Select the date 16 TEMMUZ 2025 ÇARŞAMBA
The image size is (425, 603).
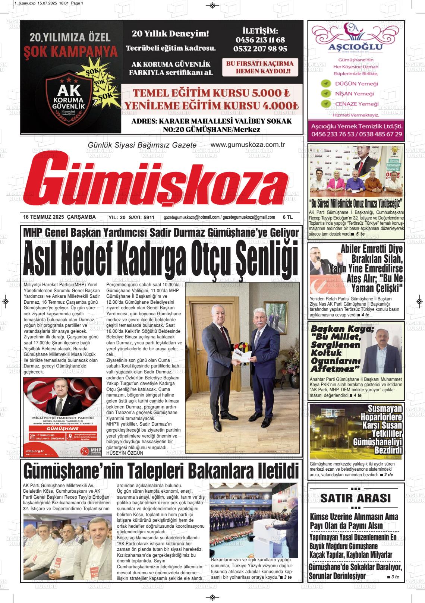tap(59, 217)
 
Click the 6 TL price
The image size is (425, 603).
tap(287, 217)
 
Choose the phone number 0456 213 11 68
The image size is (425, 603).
tap(260, 40)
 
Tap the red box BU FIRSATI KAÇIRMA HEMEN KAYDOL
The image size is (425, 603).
tap(259, 67)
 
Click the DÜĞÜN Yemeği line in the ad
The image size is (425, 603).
tap(356, 83)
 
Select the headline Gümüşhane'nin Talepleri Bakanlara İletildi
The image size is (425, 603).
tap(161, 471)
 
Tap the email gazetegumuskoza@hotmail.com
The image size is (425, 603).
tap(191, 217)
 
